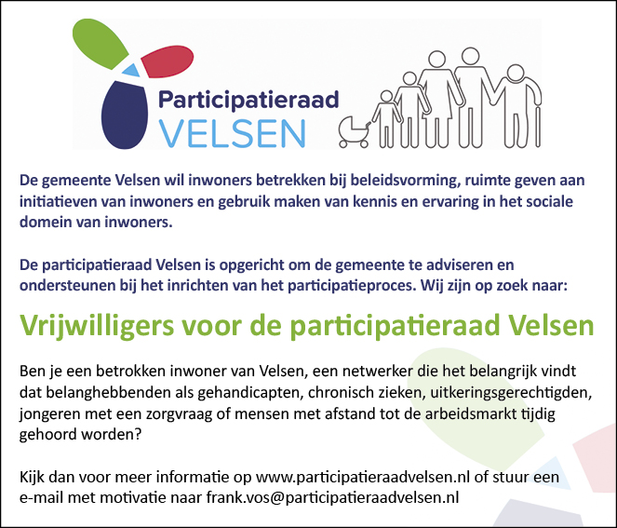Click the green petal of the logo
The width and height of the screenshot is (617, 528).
tap(100, 43)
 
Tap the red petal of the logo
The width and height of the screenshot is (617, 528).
tap(168, 61)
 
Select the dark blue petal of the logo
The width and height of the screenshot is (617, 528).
tap(125, 115)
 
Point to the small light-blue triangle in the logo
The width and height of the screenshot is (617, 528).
tap(131, 70)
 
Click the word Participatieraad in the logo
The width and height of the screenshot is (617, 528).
tap(248, 100)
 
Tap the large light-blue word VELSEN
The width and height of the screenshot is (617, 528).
tap(232, 133)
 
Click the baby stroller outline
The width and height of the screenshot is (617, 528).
tap(355, 131)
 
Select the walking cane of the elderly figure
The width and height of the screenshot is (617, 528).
tap(538, 127)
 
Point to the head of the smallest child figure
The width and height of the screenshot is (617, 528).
tap(386, 96)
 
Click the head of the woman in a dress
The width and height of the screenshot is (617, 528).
tap(436, 59)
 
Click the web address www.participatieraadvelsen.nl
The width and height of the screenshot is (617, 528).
tap(363, 477)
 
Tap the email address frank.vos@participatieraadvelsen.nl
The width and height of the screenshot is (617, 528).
tap(333, 497)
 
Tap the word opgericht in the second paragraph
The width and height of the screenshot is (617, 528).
tap(252, 265)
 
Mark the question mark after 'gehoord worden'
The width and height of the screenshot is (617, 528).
tap(138, 435)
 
